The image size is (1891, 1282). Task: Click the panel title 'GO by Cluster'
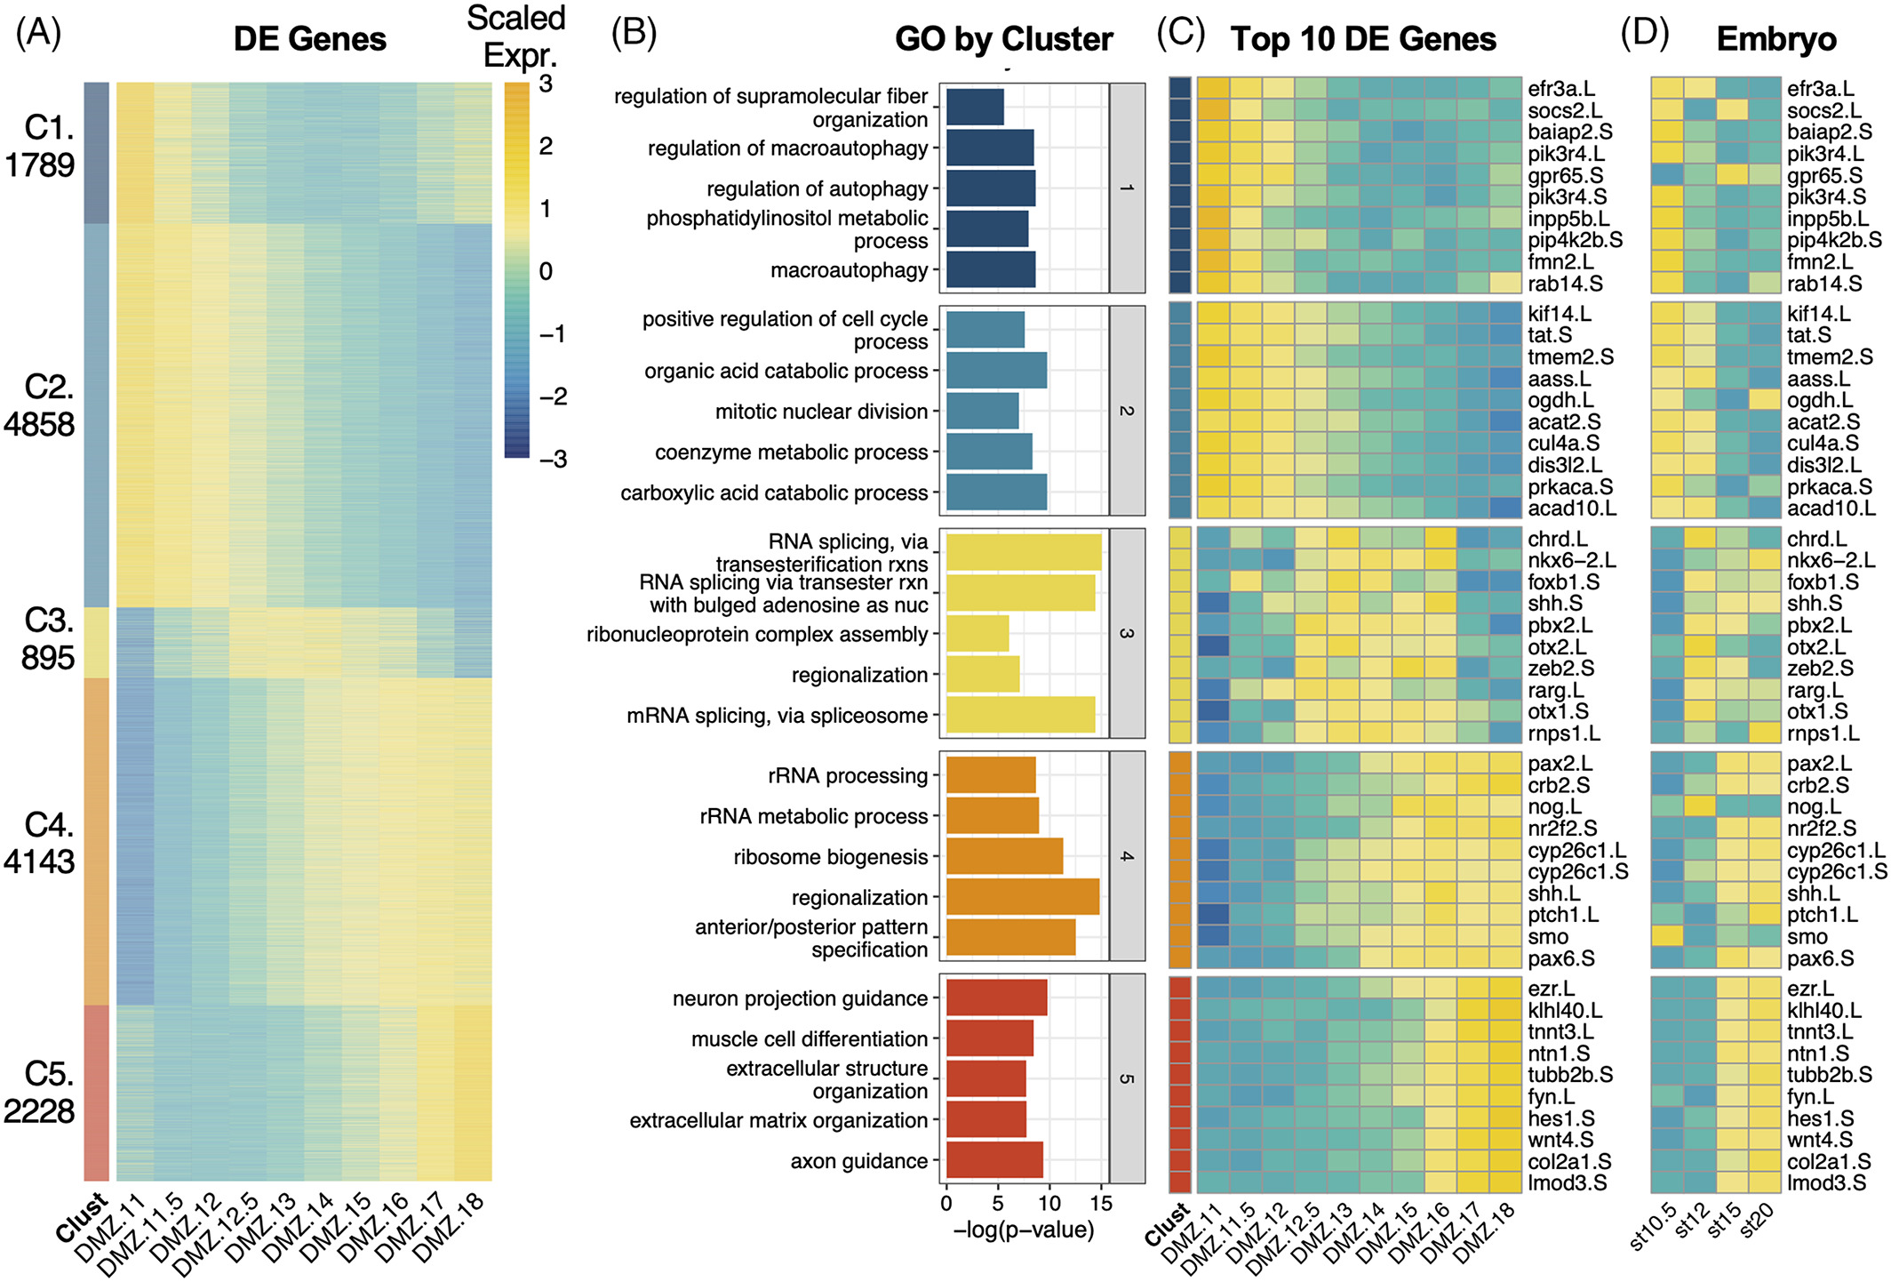tap(1003, 39)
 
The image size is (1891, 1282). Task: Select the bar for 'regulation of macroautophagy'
tap(990, 148)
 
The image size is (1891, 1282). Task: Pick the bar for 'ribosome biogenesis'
tap(1004, 856)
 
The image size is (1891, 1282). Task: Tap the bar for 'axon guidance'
tap(994, 1160)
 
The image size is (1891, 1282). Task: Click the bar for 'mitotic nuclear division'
tap(982, 411)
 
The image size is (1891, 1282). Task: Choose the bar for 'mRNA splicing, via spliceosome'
tap(1020, 715)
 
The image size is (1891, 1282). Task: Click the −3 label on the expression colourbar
tap(553, 459)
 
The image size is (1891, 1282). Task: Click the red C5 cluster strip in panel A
tap(96, 1093)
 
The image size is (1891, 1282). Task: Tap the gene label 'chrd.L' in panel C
tap(1557, 540)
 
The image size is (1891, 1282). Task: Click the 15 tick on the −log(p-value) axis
tap(1101, 1204)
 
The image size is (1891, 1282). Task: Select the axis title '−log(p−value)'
tap(1023, 1230)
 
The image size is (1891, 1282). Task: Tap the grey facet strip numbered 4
tap(1127, 856)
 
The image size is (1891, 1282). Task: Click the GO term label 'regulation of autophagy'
tap(817, 188)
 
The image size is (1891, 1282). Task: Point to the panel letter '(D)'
tap(1644, 34)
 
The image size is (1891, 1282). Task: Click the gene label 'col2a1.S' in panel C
tap(1569, 1161)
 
